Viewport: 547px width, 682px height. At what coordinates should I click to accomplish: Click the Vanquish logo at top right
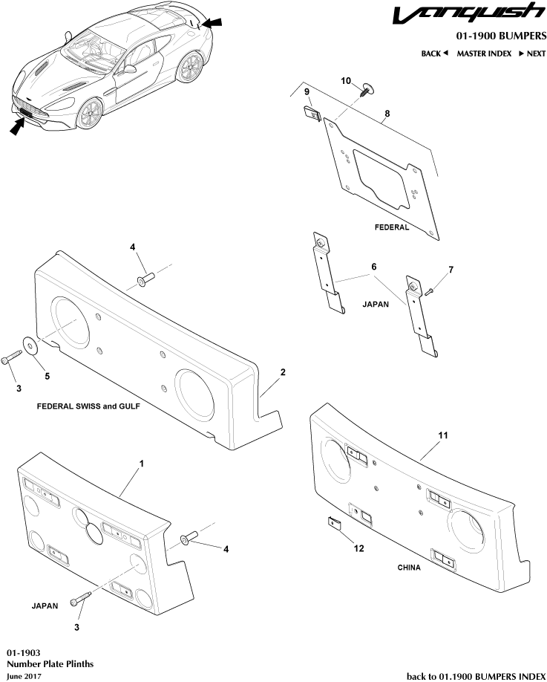[468, 14]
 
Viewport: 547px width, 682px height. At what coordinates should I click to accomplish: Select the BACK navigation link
[434, 53]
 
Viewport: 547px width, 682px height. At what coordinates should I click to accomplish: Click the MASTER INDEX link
[483, 53]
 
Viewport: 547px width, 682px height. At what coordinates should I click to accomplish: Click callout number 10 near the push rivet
[346, 80]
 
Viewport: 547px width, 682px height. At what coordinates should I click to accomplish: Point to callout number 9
[306, 91]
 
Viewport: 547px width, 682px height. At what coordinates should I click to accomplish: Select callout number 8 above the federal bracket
[386, 115]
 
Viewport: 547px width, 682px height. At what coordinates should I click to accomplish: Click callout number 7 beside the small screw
[450, 268]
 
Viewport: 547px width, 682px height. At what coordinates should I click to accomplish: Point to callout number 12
[358, 550]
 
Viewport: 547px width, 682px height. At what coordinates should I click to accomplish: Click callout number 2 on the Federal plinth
[283, 370]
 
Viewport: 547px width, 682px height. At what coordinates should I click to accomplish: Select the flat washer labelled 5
[32, 345]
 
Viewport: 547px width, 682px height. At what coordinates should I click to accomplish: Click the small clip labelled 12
[335, 523]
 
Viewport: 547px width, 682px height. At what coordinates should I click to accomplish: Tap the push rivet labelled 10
[366, 91]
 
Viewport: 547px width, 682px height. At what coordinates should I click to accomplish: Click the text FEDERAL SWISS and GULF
[88, 407]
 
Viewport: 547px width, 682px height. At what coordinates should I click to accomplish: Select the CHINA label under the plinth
[408, 568]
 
